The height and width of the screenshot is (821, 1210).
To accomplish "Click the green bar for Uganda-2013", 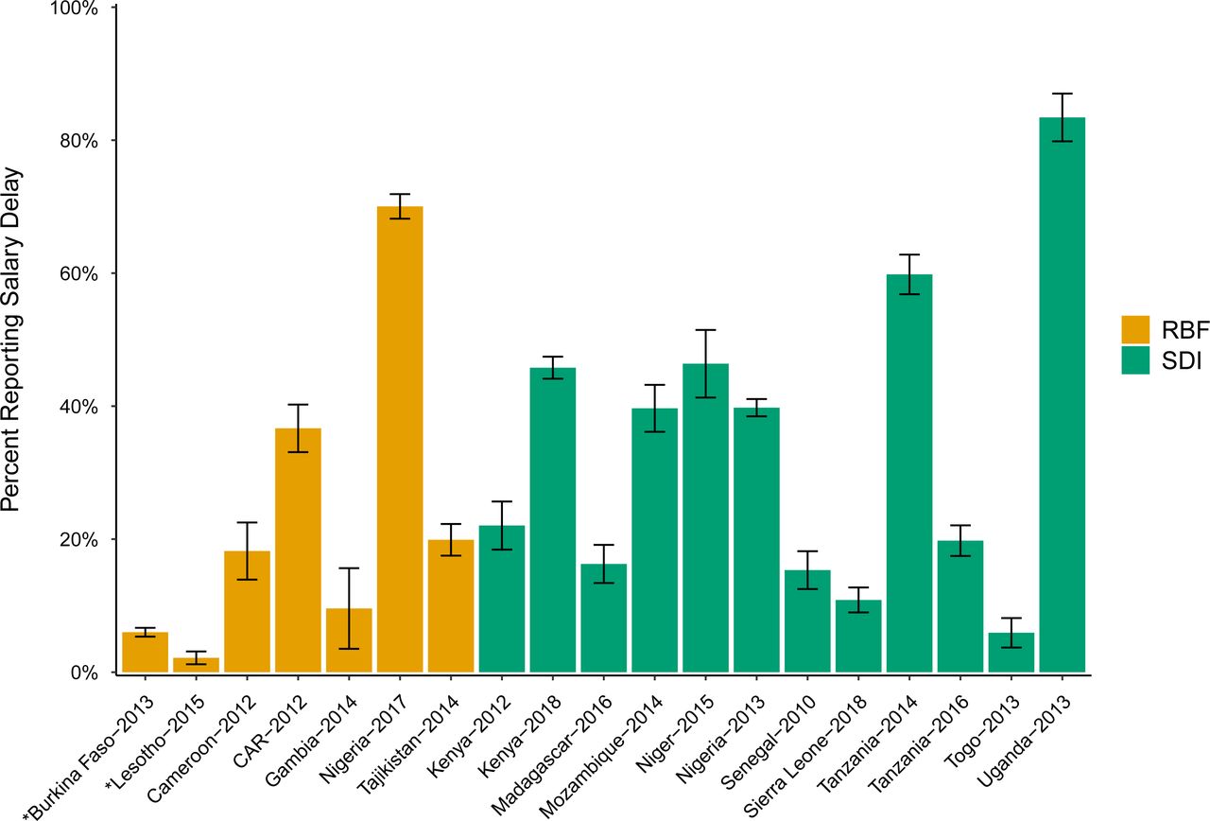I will coord(1062,397).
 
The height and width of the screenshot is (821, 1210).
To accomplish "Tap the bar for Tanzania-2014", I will coord(908,473).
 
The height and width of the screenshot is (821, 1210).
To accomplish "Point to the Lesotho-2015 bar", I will coord(196,665).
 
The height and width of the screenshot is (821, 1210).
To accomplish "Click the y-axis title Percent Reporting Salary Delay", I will coord(13,341).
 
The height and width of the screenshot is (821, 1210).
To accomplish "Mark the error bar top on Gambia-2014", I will coord(349,568).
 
